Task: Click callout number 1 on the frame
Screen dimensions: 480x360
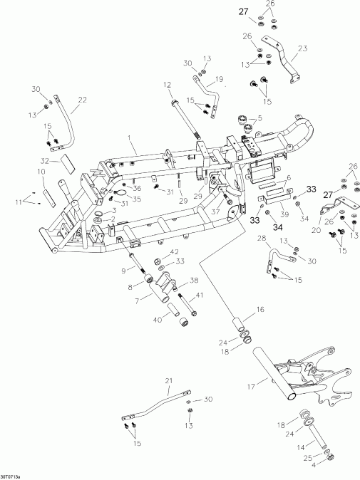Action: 130,137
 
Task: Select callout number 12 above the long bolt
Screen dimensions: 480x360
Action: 168,85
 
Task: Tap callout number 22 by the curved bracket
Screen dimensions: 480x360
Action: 82,100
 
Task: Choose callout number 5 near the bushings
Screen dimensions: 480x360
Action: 260,118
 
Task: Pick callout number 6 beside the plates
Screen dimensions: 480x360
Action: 288,179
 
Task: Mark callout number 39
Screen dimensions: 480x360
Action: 283,214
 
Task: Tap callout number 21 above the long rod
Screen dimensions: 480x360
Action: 169,381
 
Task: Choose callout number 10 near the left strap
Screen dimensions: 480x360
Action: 41,172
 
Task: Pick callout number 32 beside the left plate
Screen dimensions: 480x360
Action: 44,160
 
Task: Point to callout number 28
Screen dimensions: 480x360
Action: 262,238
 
